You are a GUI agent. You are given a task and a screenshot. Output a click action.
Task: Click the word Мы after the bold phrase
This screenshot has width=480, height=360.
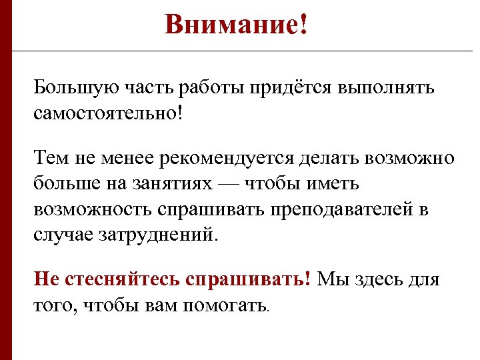point(331,279)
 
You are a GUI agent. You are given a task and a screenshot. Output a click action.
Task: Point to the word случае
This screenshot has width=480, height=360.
point(63,234)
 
